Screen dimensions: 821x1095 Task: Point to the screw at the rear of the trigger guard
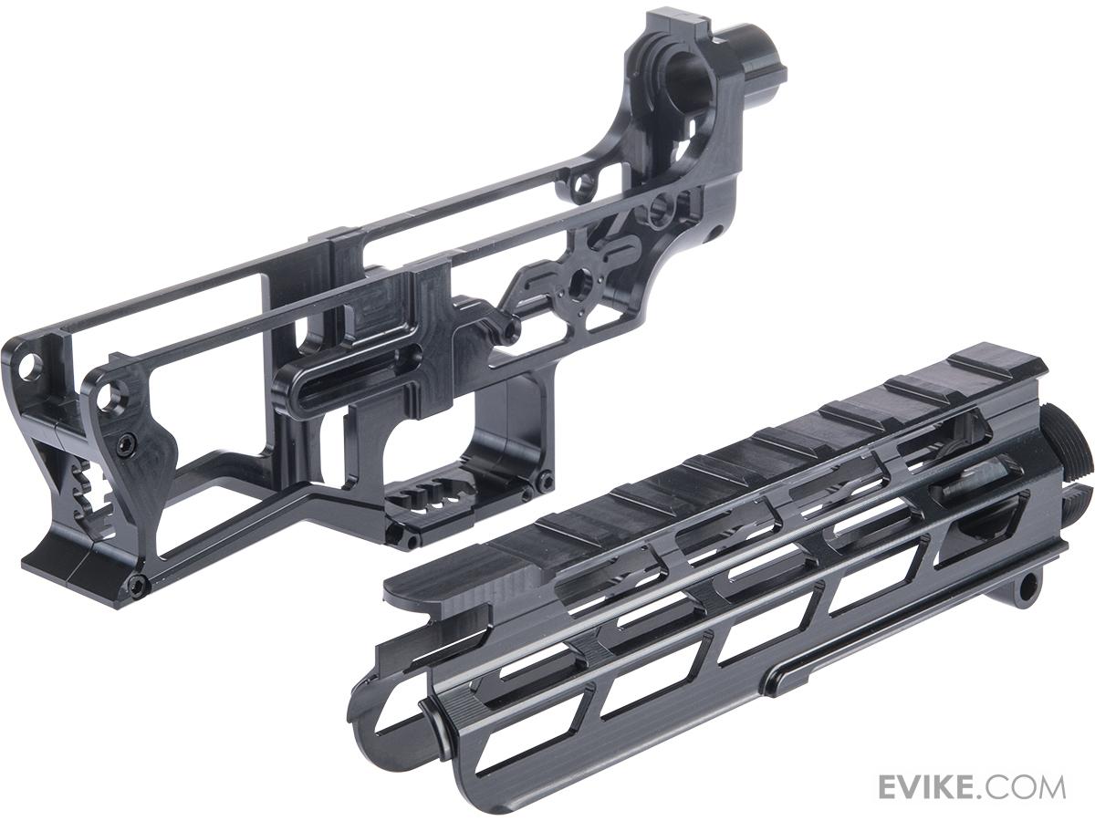coord(545,481)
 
